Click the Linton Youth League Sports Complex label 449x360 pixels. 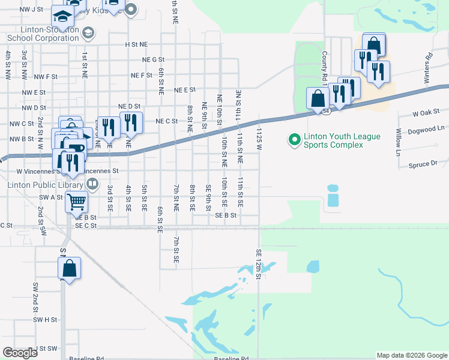coord(342,140)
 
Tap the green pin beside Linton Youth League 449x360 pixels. coord(294,140)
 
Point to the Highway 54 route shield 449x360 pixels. coord(325,112)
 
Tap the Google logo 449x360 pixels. coord(20,353)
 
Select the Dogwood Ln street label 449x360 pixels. coord(424,128)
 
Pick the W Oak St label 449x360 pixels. coord(426,113)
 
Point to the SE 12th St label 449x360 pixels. coord(259,264)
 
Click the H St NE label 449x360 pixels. coord(136,44)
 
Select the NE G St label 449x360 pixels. coord(153,59)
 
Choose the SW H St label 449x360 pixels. coord(45,320)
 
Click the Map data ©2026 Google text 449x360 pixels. coord(411,355)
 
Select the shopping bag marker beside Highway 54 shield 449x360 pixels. coord(317,98)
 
